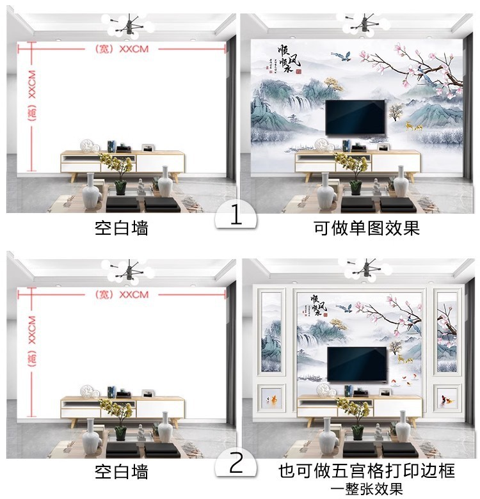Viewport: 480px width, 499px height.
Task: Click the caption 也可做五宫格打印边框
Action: (x=367, y=471)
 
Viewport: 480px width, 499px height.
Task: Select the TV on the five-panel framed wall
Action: (x=357, y=363)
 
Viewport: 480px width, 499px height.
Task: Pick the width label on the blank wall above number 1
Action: (x=121, y=49)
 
